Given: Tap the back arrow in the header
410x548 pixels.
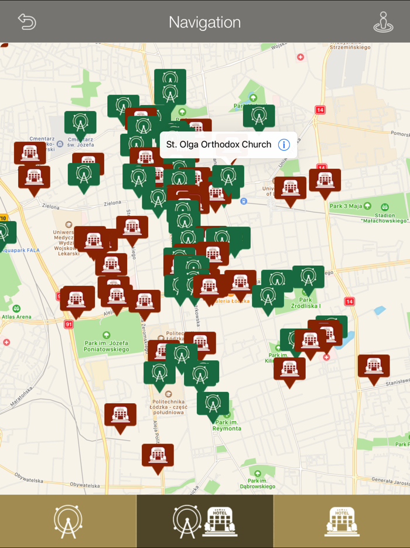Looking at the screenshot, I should coord(27,22).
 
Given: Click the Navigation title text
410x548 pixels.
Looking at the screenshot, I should coord(204,22).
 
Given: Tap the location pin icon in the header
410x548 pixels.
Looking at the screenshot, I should coord(383,22).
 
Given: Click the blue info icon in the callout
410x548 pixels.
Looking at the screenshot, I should coord(284,144).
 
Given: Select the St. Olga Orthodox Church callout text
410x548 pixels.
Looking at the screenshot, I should coord(218,144).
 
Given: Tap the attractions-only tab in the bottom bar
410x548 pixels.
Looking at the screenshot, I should coord(68,521).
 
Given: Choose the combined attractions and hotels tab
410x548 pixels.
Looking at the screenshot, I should coord(204,521).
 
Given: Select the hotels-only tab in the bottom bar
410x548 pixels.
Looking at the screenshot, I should coord(341,521).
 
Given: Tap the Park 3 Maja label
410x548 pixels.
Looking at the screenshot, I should coord(346,206).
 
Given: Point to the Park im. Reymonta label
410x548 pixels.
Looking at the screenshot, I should coord(228,425).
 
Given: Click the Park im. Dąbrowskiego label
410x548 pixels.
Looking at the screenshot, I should coord(257,482).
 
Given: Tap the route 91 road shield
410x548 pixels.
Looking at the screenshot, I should coord(69,324).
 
